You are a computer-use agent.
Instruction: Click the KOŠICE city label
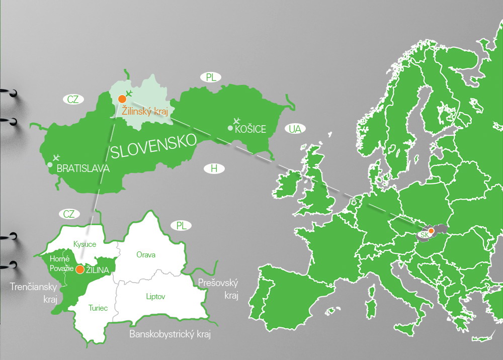pos(250,129)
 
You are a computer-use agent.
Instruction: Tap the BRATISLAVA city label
pos(83,169)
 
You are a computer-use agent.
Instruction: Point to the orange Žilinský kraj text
pos(145,111)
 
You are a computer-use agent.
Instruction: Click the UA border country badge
pos(295,129)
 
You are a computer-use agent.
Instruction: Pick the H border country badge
pos(214,168)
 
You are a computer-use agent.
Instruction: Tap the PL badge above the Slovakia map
pos(212,77)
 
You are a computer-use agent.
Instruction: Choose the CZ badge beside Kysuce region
pos(69,214)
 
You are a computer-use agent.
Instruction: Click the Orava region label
pos(146,254)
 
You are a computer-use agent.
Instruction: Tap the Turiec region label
pos(98,308)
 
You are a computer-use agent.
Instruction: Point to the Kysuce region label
pos(85,244)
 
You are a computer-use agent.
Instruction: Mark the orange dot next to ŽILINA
pos(79,270)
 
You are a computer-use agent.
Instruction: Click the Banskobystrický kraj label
pos(171,334)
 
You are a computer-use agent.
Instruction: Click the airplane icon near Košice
pos(237,121)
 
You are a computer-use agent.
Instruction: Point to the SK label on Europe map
pos(425,235)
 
